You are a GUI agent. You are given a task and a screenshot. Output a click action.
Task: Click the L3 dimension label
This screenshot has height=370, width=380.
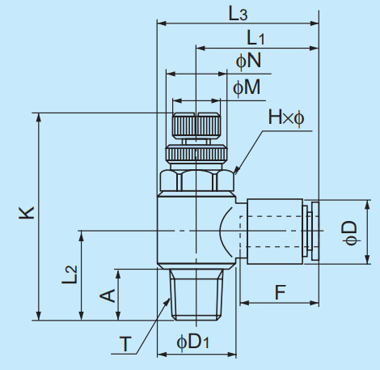coord(237,14)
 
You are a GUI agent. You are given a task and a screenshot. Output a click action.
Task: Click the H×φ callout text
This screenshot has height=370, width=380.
coord(286,119)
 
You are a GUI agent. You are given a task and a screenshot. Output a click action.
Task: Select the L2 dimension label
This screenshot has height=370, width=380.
coord(70,274)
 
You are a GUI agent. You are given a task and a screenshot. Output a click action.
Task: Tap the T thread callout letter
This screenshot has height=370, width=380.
coord(125,344)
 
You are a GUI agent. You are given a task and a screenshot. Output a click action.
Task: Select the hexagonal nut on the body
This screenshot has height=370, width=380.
coord(197,181)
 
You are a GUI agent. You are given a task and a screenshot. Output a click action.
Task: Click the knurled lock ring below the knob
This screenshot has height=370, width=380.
coord(196,154)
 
